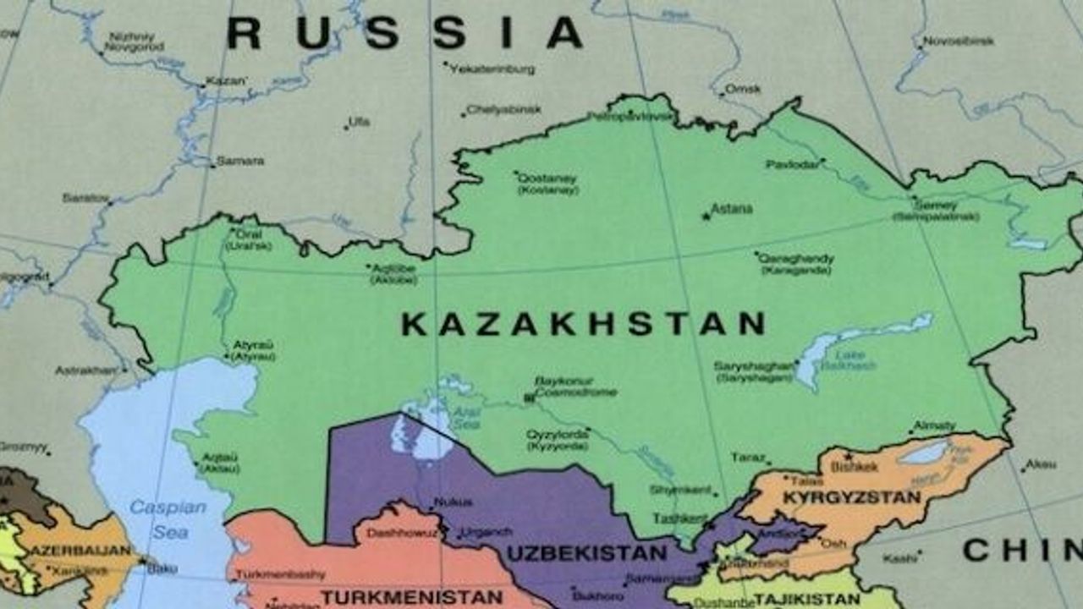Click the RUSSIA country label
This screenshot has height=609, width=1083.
[404, 34]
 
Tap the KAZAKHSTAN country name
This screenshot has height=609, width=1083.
[583, 324]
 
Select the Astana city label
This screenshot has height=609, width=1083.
[731, 208]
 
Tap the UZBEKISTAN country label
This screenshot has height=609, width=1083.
[586, 554]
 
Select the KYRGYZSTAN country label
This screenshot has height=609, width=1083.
[851, 497]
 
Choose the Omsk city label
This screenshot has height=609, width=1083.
[744, 89]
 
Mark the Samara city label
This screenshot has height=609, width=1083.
[239, 160]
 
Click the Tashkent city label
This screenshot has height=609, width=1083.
[679, 517]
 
